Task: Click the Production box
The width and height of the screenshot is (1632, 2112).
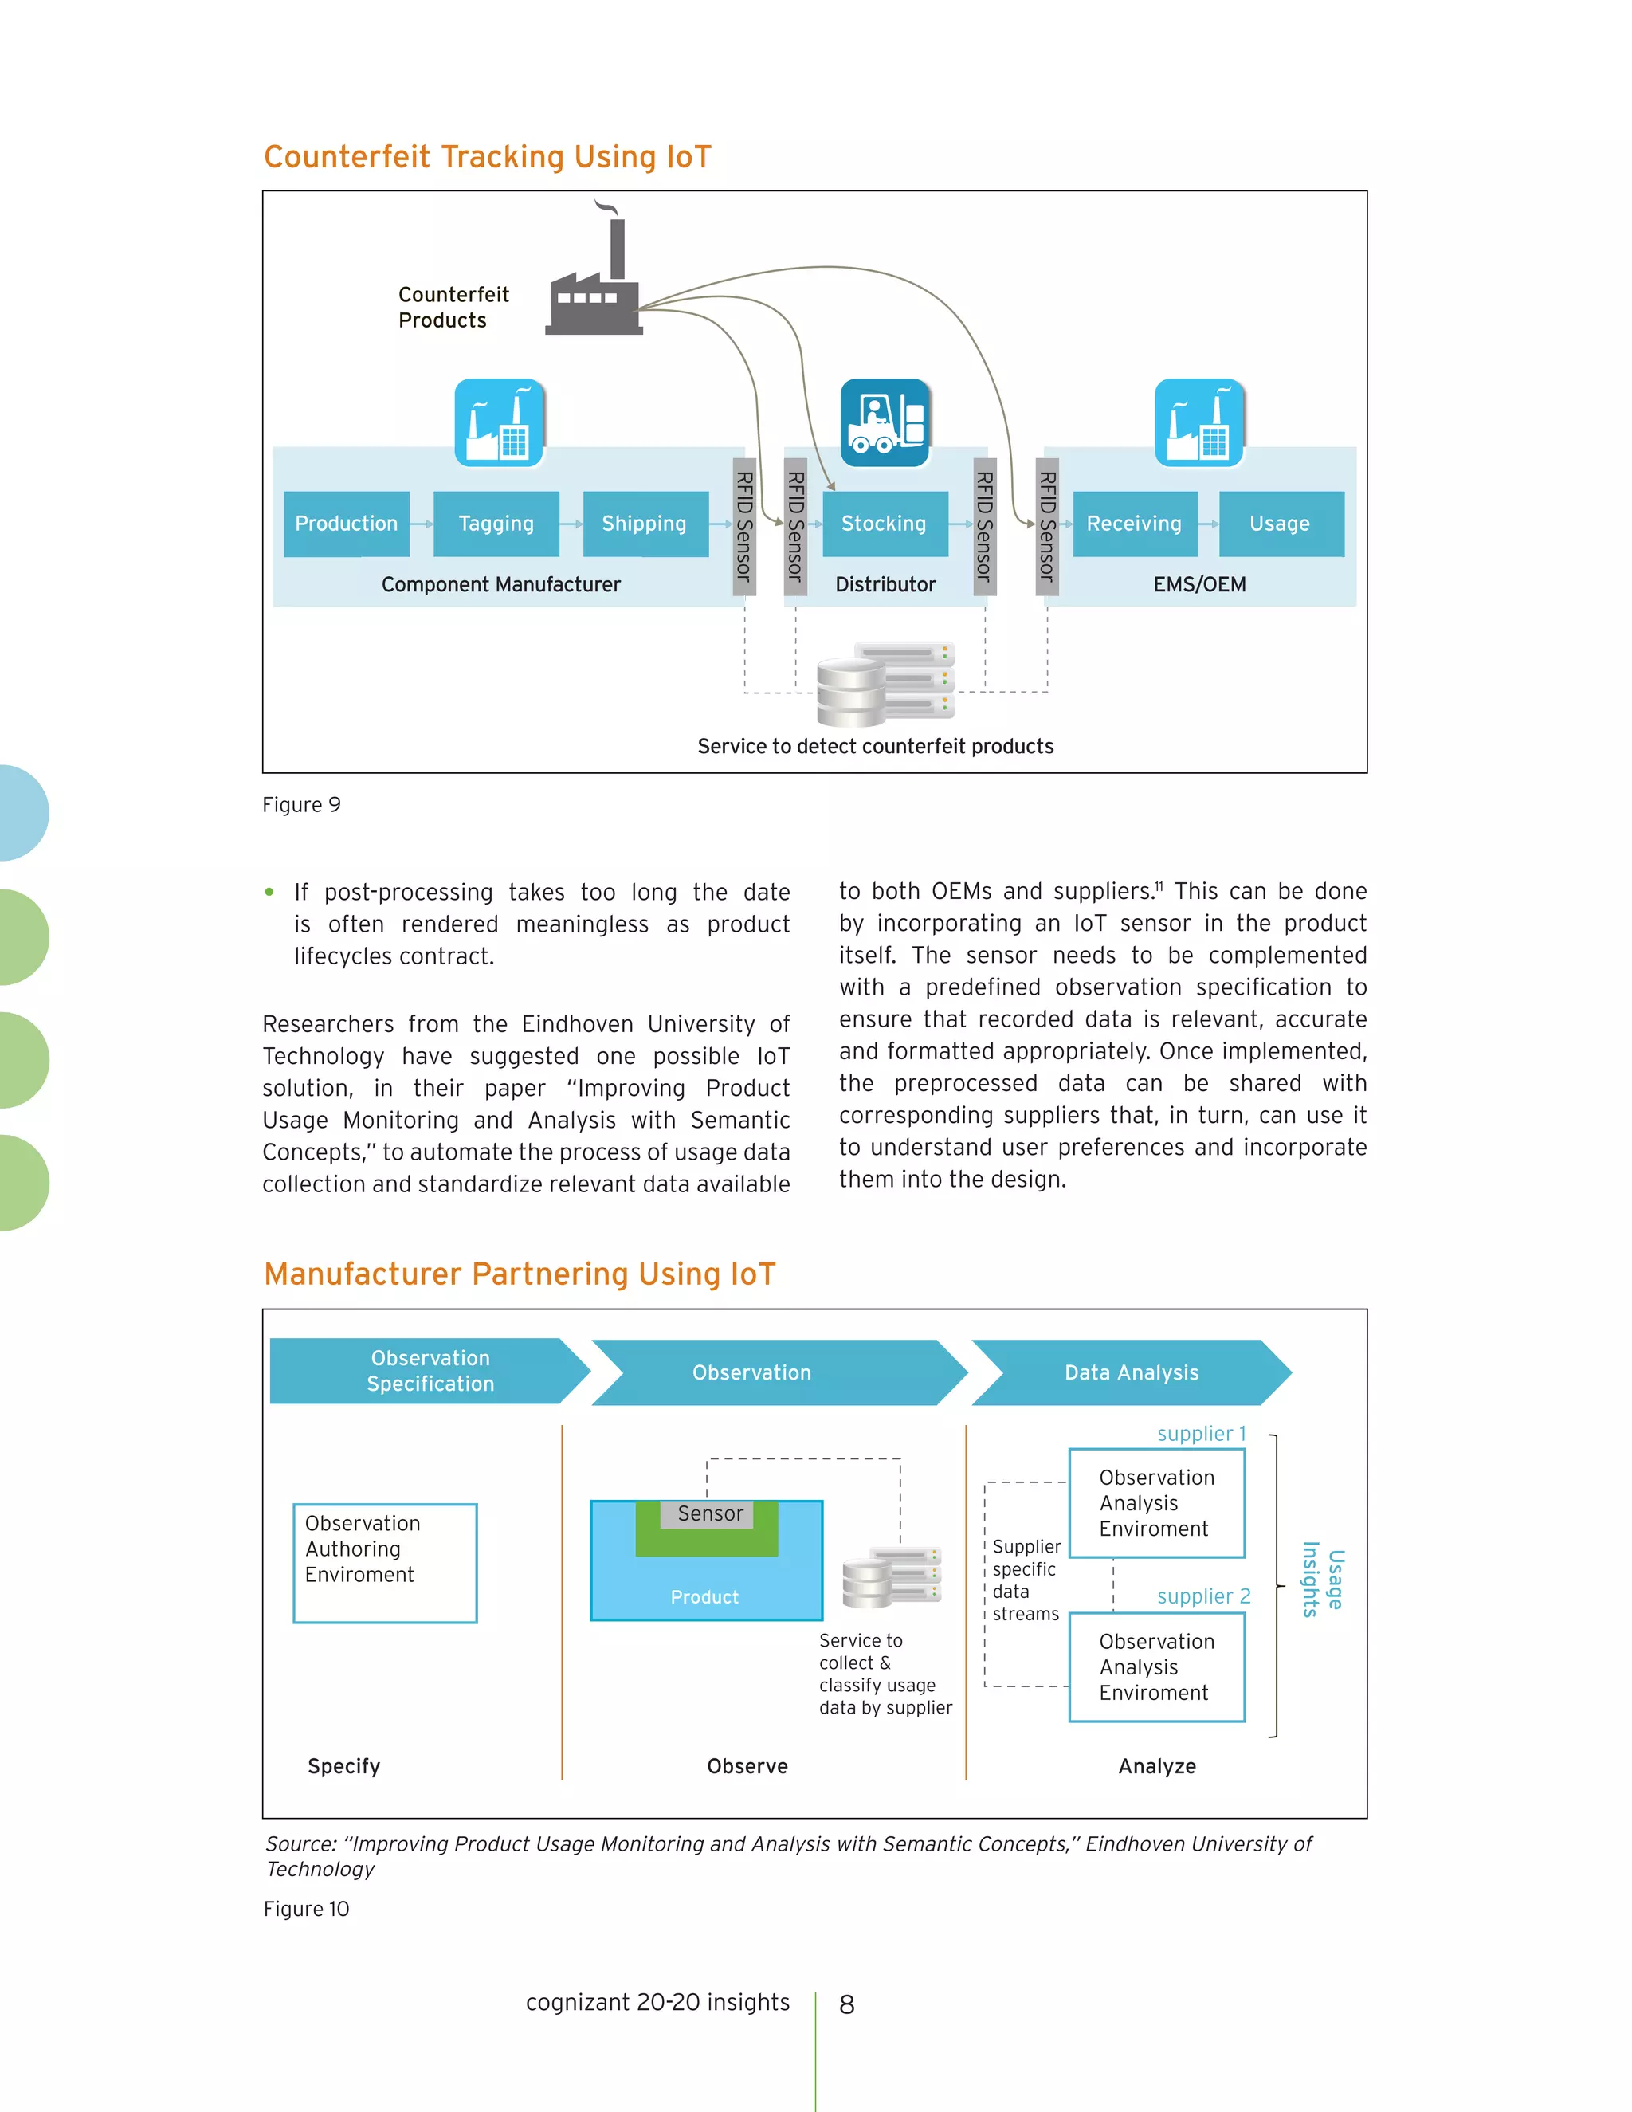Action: point(346,523)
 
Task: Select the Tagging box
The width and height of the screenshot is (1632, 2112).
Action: point(496,523)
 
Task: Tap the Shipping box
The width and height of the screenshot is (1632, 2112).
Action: point(645,523)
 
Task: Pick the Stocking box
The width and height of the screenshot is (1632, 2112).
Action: point(885,523)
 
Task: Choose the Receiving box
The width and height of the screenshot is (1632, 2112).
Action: point(1135,523)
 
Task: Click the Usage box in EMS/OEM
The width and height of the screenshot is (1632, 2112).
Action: point(1281,523)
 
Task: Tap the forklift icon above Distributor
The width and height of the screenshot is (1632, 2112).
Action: point(885,422)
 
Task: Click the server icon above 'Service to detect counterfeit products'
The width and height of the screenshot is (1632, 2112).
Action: point(885,684)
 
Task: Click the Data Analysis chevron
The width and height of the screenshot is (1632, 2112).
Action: point(1132,1372)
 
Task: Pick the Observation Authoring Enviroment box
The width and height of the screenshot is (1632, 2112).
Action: point(385,1563)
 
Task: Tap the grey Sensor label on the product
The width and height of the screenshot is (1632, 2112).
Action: point(711,1513)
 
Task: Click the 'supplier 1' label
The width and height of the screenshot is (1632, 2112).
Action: point(1201,1433)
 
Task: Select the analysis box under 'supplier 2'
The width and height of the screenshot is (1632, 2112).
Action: point(1156,1667)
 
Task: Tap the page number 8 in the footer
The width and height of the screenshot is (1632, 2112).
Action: point(847,2004)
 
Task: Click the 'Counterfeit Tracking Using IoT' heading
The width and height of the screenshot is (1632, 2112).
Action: point(487,157)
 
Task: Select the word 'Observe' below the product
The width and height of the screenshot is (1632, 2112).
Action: point(747,1766)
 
